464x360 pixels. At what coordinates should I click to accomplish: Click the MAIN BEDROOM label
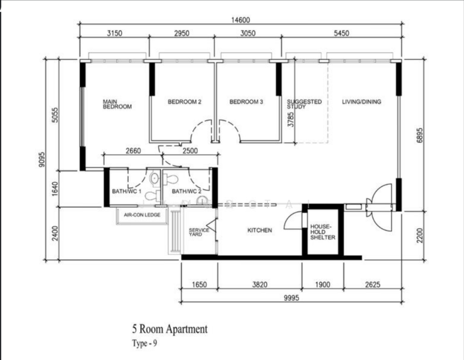click(117, 104)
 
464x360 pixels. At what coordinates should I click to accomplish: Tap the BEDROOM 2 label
click(184, 102)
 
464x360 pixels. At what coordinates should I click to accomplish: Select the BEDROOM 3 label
click(246, 102)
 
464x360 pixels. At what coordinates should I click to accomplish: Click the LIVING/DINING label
click(361, 102)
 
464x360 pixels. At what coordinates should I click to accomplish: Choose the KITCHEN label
click(260, 230)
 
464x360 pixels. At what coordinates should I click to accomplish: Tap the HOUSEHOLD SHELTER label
click(323, 232)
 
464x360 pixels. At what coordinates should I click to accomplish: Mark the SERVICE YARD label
click(198, 232)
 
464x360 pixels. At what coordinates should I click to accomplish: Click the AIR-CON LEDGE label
click(142, 214)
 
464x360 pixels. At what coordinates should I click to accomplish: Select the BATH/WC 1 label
click(126, 191)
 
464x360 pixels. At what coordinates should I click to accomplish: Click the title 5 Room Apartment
click(170, 329)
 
